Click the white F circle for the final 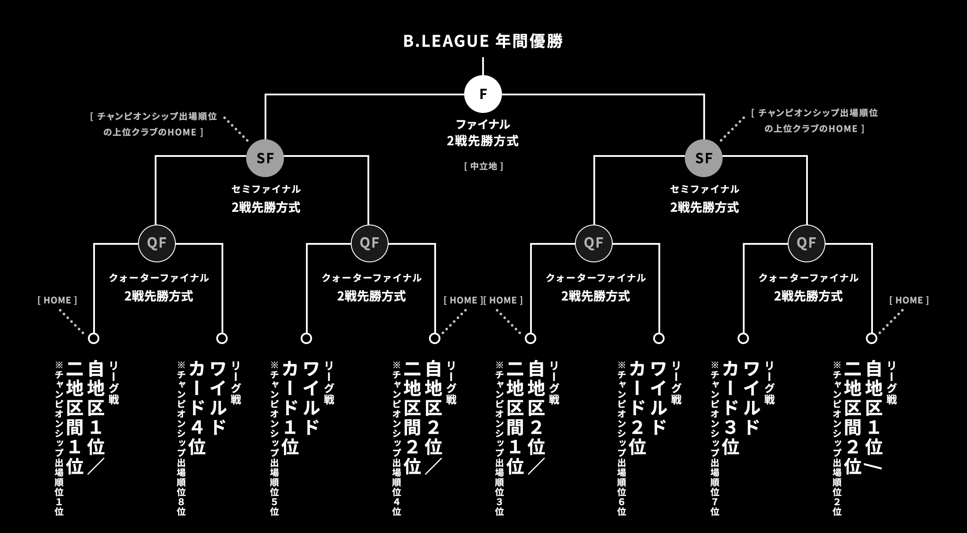[x=483, y=94]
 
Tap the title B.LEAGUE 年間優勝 [x=483, y=41]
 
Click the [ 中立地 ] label [x=483, y=166]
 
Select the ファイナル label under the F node [x=483, y=124]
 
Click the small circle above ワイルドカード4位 [x=222, y=338]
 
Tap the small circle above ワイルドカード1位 [x=306, y=338]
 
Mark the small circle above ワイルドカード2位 [x=658, y=338]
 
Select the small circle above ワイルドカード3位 [x=743, y=338]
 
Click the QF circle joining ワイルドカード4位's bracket [x=157, y=243]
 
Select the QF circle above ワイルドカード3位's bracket [x=806, y=243]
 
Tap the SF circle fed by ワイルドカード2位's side [x=703, y=158]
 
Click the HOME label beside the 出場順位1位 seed [x=57, y=300]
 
